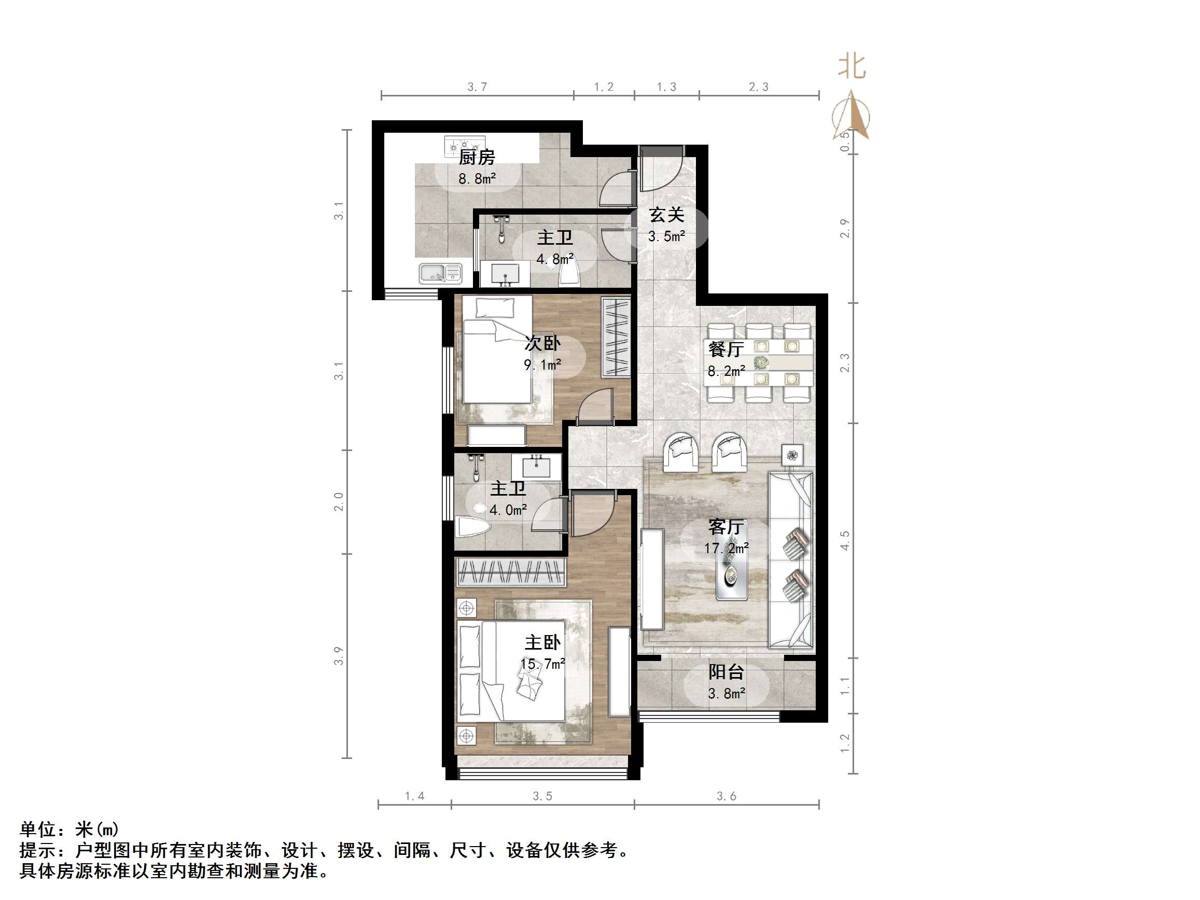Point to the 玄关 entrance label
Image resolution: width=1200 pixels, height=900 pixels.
[x=666, y=215]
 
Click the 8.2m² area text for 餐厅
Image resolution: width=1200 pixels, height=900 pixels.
[x=726, y=371]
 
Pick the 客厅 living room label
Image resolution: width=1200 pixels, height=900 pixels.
[x=726, y=527]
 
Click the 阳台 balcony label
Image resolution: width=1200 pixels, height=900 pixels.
[x=726, y=672]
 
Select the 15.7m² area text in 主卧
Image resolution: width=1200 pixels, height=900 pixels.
[x=542, y=664]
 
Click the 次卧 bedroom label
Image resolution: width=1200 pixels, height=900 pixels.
[x=542, y=343]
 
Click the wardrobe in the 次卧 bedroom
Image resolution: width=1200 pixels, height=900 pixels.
[x=616, y=337]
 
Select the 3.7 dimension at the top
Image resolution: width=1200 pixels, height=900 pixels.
[x=478, y=87]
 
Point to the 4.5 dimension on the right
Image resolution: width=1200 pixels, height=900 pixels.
[x=844, y=540]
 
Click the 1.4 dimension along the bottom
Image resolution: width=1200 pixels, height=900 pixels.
[x=414, y=796]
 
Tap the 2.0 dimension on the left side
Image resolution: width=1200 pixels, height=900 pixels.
[x=339, y=501]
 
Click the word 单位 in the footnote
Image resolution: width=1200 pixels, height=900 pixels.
[x=38, y=829]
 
